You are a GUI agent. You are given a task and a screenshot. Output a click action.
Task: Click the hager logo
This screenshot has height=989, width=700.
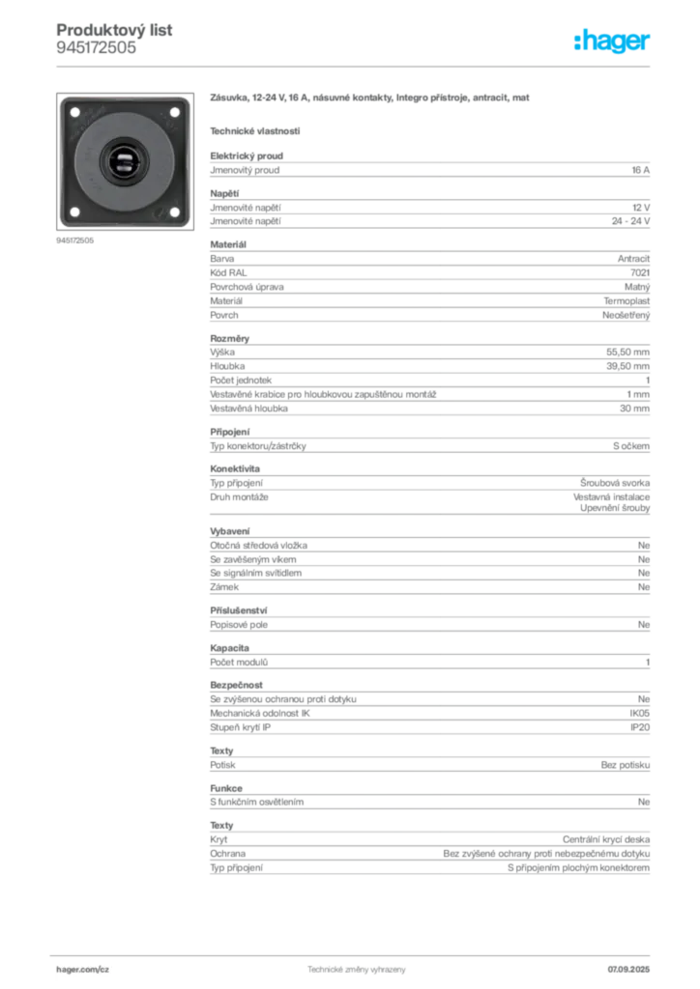(x=612, y=41)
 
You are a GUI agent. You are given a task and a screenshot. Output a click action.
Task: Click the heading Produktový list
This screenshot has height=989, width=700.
(x=114, y=30)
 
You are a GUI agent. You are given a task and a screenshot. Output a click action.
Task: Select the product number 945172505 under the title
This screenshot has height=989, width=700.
(x=96, y=48)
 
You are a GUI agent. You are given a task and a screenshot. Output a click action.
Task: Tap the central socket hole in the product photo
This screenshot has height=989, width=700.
(x=125, y=161)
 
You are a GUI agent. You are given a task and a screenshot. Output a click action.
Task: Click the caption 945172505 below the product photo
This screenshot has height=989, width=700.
(x=74, y=240)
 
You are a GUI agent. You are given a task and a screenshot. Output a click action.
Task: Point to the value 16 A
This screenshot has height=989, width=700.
(x=641, y=170)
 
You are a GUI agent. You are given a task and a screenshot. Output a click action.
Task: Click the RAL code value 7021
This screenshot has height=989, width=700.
(x=640, y=272)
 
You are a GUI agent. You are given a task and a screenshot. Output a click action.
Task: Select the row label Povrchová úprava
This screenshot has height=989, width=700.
(x=247, y=287)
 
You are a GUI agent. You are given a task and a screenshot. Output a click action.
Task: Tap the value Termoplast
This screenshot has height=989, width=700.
(x=627, y=301)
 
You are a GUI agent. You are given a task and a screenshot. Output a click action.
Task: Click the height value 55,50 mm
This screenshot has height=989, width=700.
(x=628, y=352)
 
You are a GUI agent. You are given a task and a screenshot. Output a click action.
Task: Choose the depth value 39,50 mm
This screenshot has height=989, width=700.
(x=628, y=366)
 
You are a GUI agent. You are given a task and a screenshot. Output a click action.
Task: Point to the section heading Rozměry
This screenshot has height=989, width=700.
(x=230, y=339)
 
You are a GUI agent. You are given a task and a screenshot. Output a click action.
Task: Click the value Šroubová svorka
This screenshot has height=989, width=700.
(x=615, y=483)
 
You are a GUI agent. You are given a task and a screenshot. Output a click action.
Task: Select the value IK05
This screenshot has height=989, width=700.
(x=639, y=713)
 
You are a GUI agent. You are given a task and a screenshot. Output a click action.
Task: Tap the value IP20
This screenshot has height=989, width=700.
(x=640, y=727)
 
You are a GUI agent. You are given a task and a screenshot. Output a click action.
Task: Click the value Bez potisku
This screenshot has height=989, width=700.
(x=626, y=765)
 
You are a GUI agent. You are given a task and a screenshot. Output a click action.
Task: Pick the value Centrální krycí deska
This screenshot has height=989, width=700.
(x=606, y=839)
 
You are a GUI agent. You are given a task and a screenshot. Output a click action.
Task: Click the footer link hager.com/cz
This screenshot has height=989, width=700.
(x=83, y=970)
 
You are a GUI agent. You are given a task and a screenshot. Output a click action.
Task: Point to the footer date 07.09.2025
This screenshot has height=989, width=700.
(x=628, y=970)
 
